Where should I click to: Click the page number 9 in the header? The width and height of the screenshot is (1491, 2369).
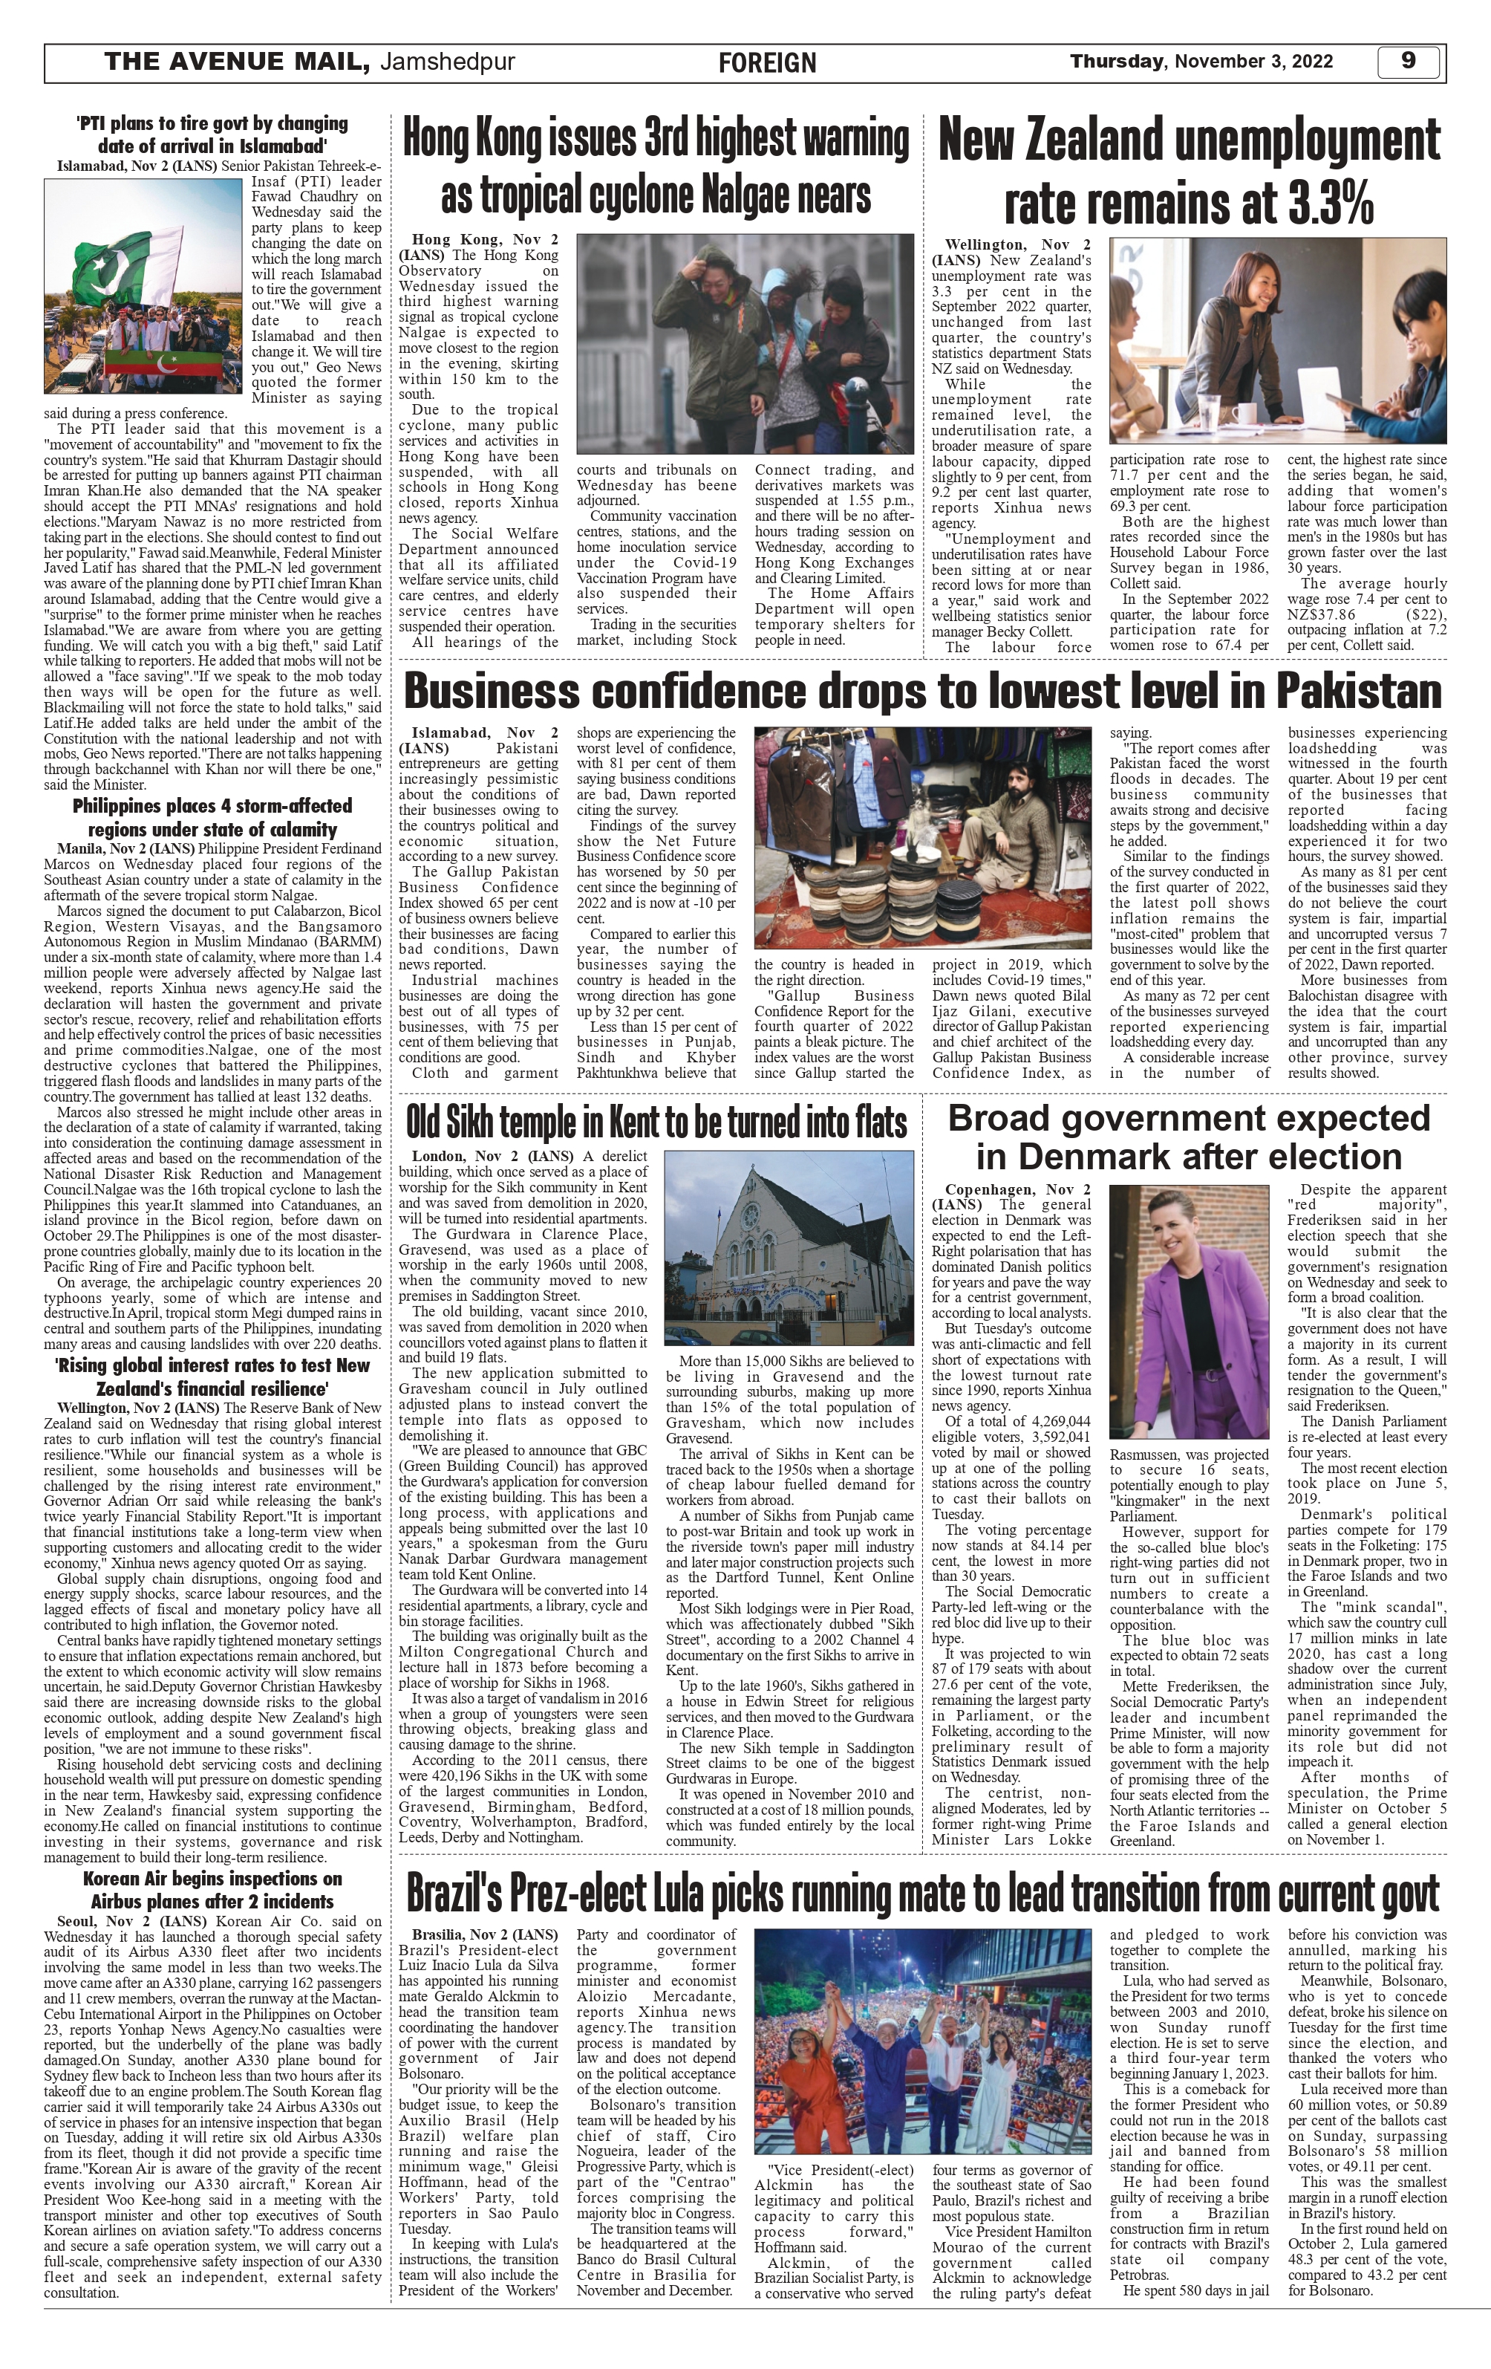pyautogui.click(x=1407, y=62)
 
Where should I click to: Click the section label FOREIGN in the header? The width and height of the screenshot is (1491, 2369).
pyautogui.click(x=767, y=64)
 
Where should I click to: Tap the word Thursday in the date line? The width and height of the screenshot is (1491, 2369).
pyautogui.click(x=1115, y=62)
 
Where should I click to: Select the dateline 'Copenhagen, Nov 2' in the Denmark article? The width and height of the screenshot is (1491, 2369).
pyautogui.click(x=1017, y=1189)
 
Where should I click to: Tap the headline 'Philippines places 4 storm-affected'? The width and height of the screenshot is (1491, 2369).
pyautogui.click(x=212, y=807)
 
